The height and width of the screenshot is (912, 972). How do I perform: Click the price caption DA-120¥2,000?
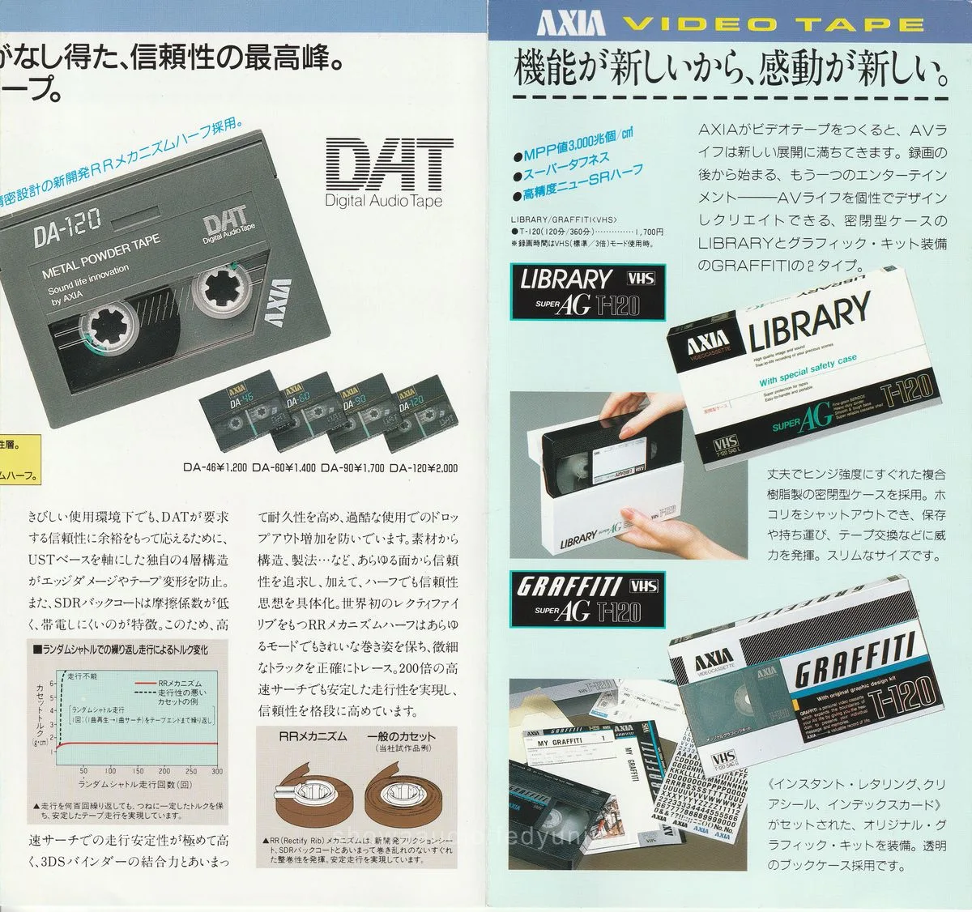point(423,467)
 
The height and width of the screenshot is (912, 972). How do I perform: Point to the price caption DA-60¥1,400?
point(285,467)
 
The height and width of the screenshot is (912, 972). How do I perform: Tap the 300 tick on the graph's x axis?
point(217,772)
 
